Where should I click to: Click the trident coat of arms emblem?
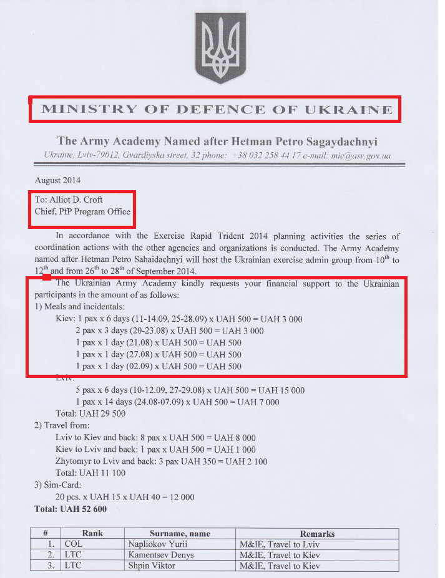[222, 51]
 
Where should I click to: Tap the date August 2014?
[58, 181]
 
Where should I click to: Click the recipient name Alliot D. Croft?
[69, 200]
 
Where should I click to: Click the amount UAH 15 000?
[281, 390]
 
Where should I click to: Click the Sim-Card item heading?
[58, 485]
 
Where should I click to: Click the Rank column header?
[92, 534]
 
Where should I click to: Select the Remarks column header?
[317, 534]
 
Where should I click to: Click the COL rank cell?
[73, 544]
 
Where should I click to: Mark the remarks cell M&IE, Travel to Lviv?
[280, 544]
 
